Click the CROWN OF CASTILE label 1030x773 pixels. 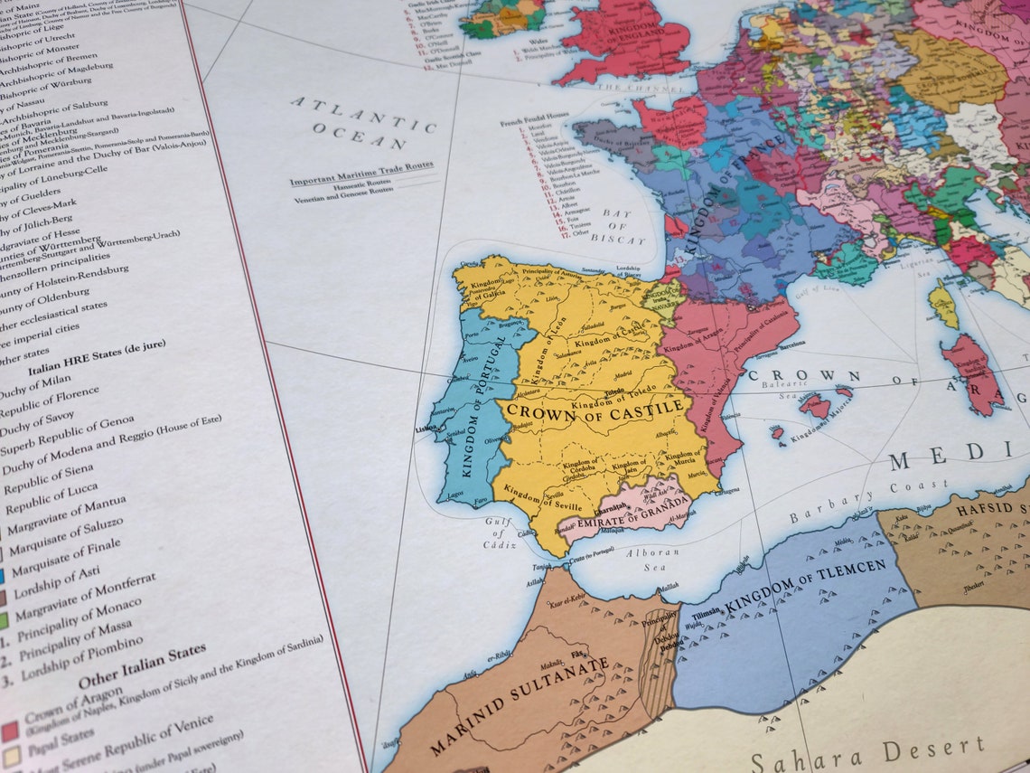[x=595, y=410]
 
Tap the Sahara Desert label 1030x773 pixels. [x=867, y=753]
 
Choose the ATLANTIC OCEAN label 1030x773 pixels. [x=362, y=123]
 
